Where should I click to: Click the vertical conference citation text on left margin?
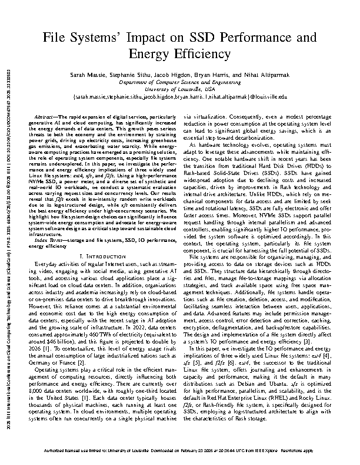(x=8, y=235)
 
